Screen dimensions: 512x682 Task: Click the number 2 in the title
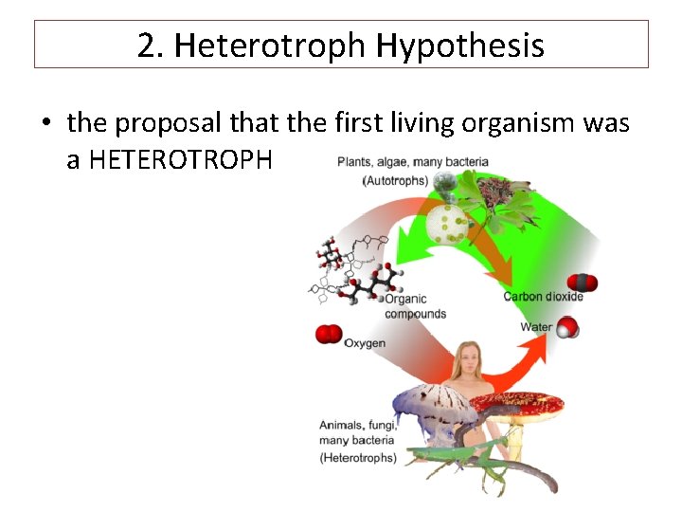(x=146, y=45)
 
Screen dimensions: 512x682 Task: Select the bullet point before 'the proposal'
(x=45, y=124)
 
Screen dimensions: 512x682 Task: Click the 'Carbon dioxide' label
(x=543, y=297)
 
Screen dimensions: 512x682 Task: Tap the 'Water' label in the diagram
(x=536, y=327)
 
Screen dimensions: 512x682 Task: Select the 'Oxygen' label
(x=365, y=342)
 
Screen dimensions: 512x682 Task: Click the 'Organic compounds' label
(x=415, y=306)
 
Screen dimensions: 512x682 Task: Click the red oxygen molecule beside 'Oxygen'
(x=329, y=334)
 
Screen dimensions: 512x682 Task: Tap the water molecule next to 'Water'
(x=566, y=328)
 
